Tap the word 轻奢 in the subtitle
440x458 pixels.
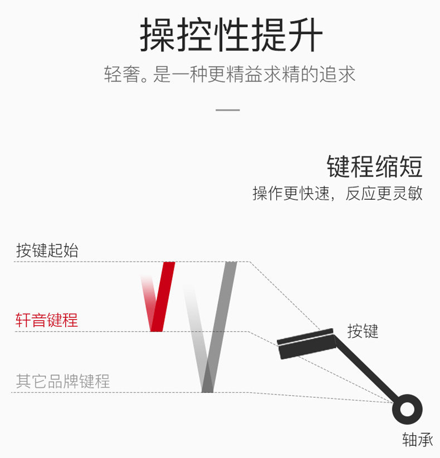point(121,75)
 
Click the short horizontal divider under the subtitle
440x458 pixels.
point(227,110)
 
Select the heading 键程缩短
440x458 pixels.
point(374,166)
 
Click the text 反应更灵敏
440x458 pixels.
point(384,193)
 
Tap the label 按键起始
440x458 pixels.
point(47,250)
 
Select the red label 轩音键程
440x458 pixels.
point(47,320)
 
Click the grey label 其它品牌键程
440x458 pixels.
point(63,381)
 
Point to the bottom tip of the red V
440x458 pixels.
point(156,328)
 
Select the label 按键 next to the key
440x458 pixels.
point(363,331)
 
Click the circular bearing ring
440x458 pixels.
point(407,410)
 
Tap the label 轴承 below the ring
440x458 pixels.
point(417,440)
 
